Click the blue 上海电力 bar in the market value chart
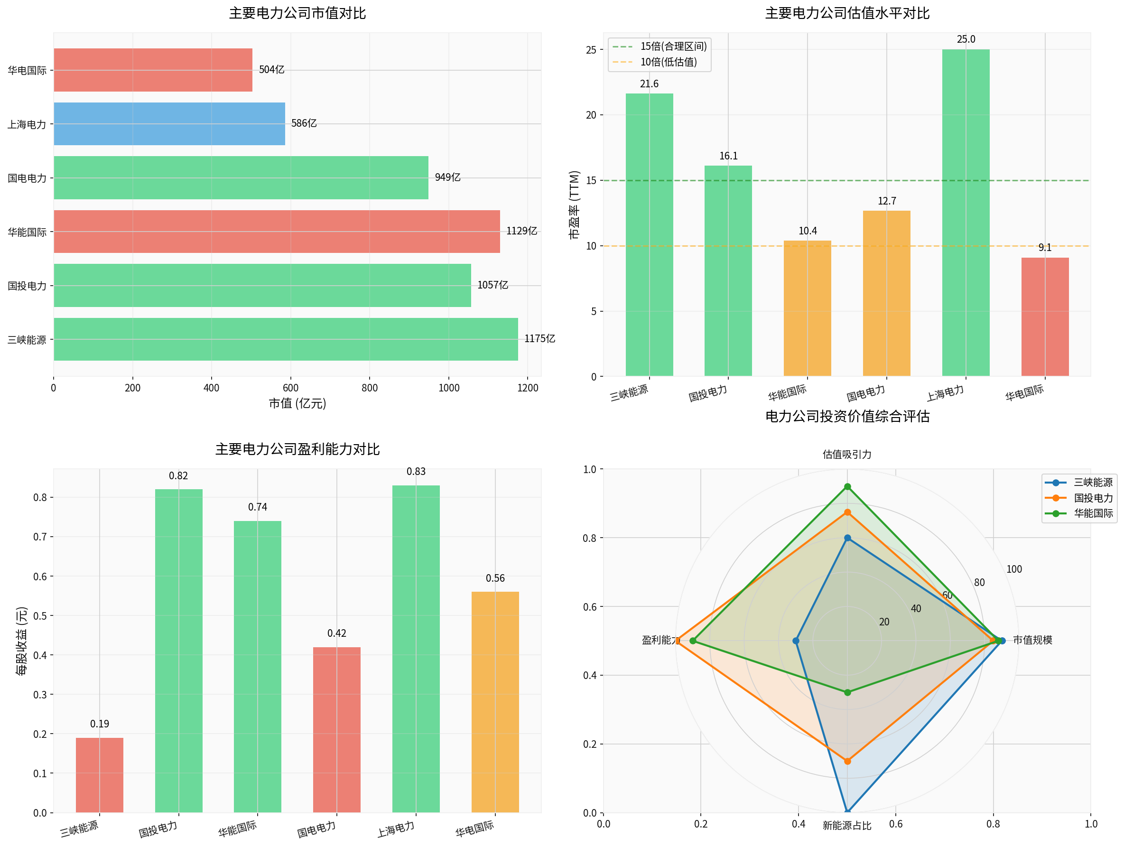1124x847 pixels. (169, 124)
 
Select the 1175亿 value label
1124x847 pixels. (539, 339)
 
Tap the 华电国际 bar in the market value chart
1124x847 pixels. (153, 70)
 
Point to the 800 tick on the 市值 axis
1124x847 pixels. (370, 388)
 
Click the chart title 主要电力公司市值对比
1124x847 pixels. (297, 13)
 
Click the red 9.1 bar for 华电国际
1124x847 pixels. (1045, 317)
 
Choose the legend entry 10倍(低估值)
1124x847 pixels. (668, 62)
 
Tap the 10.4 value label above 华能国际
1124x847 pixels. (808, 231)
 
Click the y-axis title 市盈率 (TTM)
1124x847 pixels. (574, 205)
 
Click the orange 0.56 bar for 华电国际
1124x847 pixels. (495, 702)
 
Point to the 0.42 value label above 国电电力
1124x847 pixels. (336, 633)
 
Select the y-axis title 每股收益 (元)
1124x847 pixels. (21, 641)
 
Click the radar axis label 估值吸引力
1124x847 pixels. (847, 455)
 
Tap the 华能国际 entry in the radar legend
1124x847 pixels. (1093, 514)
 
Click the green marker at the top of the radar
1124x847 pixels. (847, 487)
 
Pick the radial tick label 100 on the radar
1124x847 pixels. (1014, 569)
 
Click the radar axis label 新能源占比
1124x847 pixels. (847, 826)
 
